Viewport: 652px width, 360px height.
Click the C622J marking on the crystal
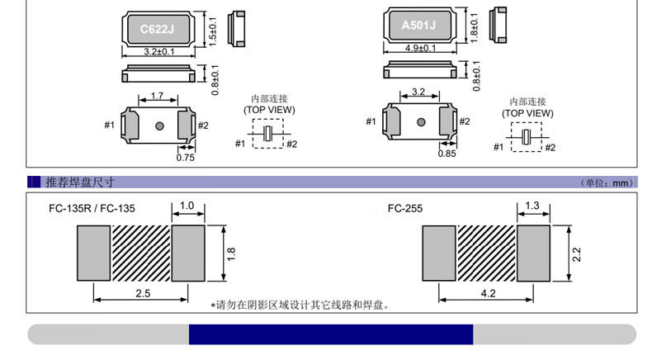click(x=157, y=29)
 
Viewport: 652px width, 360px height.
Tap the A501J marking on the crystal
click(x=418, y=25)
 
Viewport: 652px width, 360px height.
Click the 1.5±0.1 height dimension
click(x=212, y=29)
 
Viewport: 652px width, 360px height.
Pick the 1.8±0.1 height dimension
click(x=474, y=26)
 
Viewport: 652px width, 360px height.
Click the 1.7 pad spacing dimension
click(x=157, y=97)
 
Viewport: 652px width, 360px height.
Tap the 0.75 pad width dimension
click(x=186, y=158)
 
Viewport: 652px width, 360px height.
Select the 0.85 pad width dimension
click(x=446, y=154)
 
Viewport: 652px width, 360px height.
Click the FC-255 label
click(x=405, y=209)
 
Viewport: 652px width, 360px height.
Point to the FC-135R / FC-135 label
click(x=92, y=209)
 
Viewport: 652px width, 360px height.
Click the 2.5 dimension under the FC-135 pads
click(x=143, y=294)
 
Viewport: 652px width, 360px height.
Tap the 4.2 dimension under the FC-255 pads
click(x=487, y=293)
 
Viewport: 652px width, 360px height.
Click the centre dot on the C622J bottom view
click(x=159, y=126)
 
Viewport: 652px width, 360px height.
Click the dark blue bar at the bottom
click(x=330, y=334)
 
